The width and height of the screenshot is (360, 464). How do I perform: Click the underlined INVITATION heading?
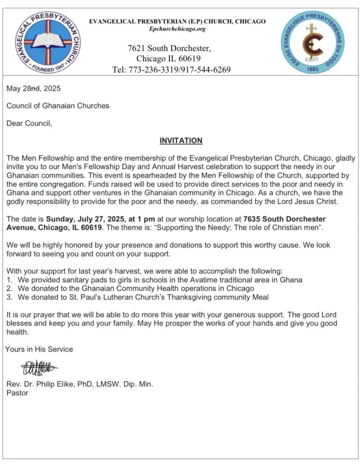(x=180, y=140)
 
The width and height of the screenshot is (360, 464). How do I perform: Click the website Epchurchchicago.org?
(x=177, y=29)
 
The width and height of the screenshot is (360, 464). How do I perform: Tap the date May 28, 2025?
(x=33, y=88)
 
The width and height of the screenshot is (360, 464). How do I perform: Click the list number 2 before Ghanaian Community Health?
(x=9, y=288)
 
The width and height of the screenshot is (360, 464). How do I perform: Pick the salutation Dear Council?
(x=29, y=123)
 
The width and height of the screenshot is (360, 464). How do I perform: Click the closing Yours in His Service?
(x=39, y=349)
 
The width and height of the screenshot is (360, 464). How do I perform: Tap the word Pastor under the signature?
(x=17, y=393)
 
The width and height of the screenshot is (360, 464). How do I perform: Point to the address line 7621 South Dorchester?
(x=169, y=48)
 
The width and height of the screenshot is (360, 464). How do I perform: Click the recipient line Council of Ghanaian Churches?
(x=58, y=106)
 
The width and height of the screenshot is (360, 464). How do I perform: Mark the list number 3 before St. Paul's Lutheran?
(x=9, y=297)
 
